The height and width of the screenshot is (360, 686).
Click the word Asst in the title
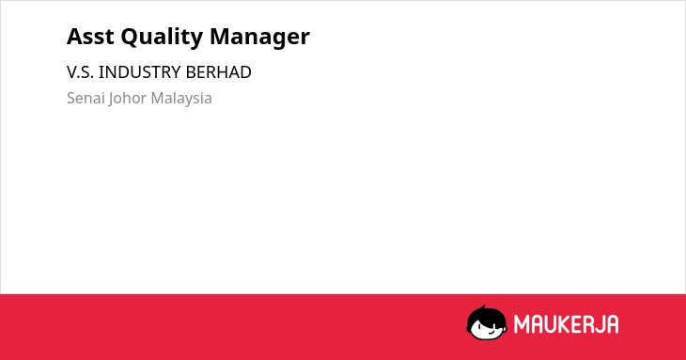point(91,37)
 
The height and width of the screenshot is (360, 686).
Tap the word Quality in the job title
point(162,38)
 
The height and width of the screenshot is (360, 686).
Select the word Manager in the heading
point(259,38)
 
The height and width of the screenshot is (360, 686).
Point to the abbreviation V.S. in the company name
point(80,72)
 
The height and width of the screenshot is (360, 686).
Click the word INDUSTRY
point(140,72)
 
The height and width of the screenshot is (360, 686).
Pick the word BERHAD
point(218,72)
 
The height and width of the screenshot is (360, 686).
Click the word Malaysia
point(181,99)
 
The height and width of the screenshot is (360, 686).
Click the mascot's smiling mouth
point(491,332)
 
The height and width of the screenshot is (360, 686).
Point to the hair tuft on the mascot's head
point(483,308)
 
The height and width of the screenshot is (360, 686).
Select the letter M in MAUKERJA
point(522,324)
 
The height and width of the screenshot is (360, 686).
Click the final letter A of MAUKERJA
point(612,324)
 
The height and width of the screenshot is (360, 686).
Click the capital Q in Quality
point(130,38)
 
